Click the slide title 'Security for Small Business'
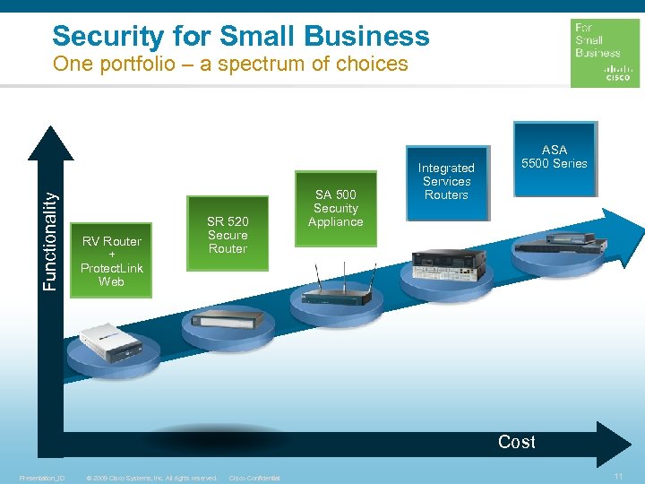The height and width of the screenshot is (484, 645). [241, 36]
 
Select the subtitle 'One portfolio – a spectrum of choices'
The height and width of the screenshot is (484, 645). [230, 65]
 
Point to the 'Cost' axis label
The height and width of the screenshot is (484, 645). [517, 442]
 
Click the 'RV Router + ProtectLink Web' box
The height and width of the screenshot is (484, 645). [111, 261]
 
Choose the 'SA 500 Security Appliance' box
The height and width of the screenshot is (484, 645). [336, 209]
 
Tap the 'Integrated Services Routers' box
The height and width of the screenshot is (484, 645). [446, 182]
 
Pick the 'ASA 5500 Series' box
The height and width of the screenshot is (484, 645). [555, 158]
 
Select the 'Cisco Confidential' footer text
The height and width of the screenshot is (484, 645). [254, 478]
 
